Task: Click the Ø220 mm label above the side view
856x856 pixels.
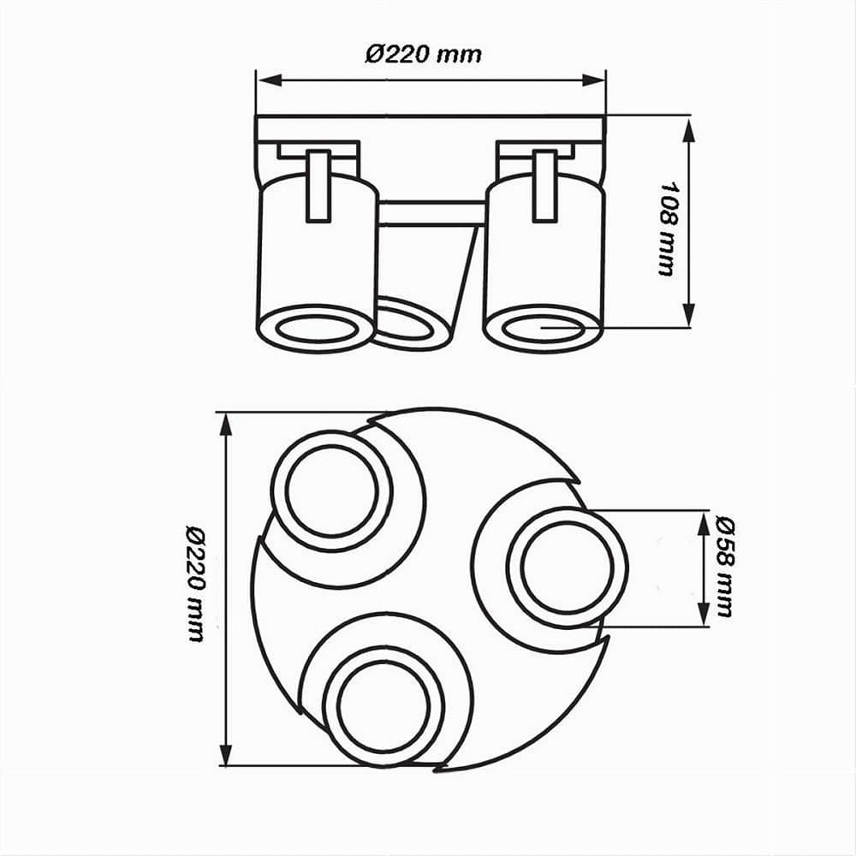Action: [x=424, y=55]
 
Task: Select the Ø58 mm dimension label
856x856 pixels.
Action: [x=724, y=567]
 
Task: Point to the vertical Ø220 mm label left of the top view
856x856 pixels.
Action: [x=195, y=583]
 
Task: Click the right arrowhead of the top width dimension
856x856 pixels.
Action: [x=593, y=80]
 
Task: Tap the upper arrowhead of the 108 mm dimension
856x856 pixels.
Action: [x=689, y=130]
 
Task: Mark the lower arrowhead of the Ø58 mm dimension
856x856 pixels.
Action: [x=704, y=614]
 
